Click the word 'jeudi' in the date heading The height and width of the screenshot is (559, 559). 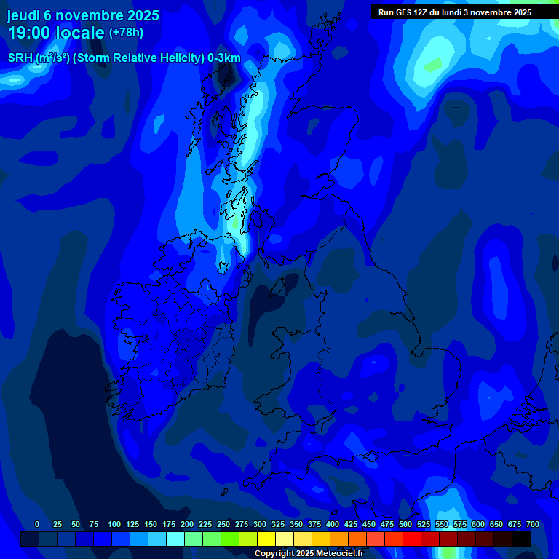point(23,15)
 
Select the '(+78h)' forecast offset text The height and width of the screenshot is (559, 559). point(126,33)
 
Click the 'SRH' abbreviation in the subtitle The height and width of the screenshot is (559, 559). point(20,58)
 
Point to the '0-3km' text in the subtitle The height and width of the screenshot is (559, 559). point(224,58)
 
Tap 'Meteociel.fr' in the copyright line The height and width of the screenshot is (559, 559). point(339,554)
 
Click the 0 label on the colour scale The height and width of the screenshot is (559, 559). point(37,524)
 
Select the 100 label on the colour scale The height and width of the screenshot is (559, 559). point(114,524)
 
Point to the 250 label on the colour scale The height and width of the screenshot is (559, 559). point(223,524)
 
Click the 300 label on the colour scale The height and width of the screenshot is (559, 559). point(260,524)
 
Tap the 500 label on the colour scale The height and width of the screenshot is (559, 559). point(405,524)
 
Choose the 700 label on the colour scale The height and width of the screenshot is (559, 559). point(533,524)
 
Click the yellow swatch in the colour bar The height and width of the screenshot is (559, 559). point(266,539)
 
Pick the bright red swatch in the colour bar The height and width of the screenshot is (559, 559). point(412,539)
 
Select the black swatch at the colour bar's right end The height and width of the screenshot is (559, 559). point(521,539)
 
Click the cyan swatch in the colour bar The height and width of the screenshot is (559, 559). point(175,539)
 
